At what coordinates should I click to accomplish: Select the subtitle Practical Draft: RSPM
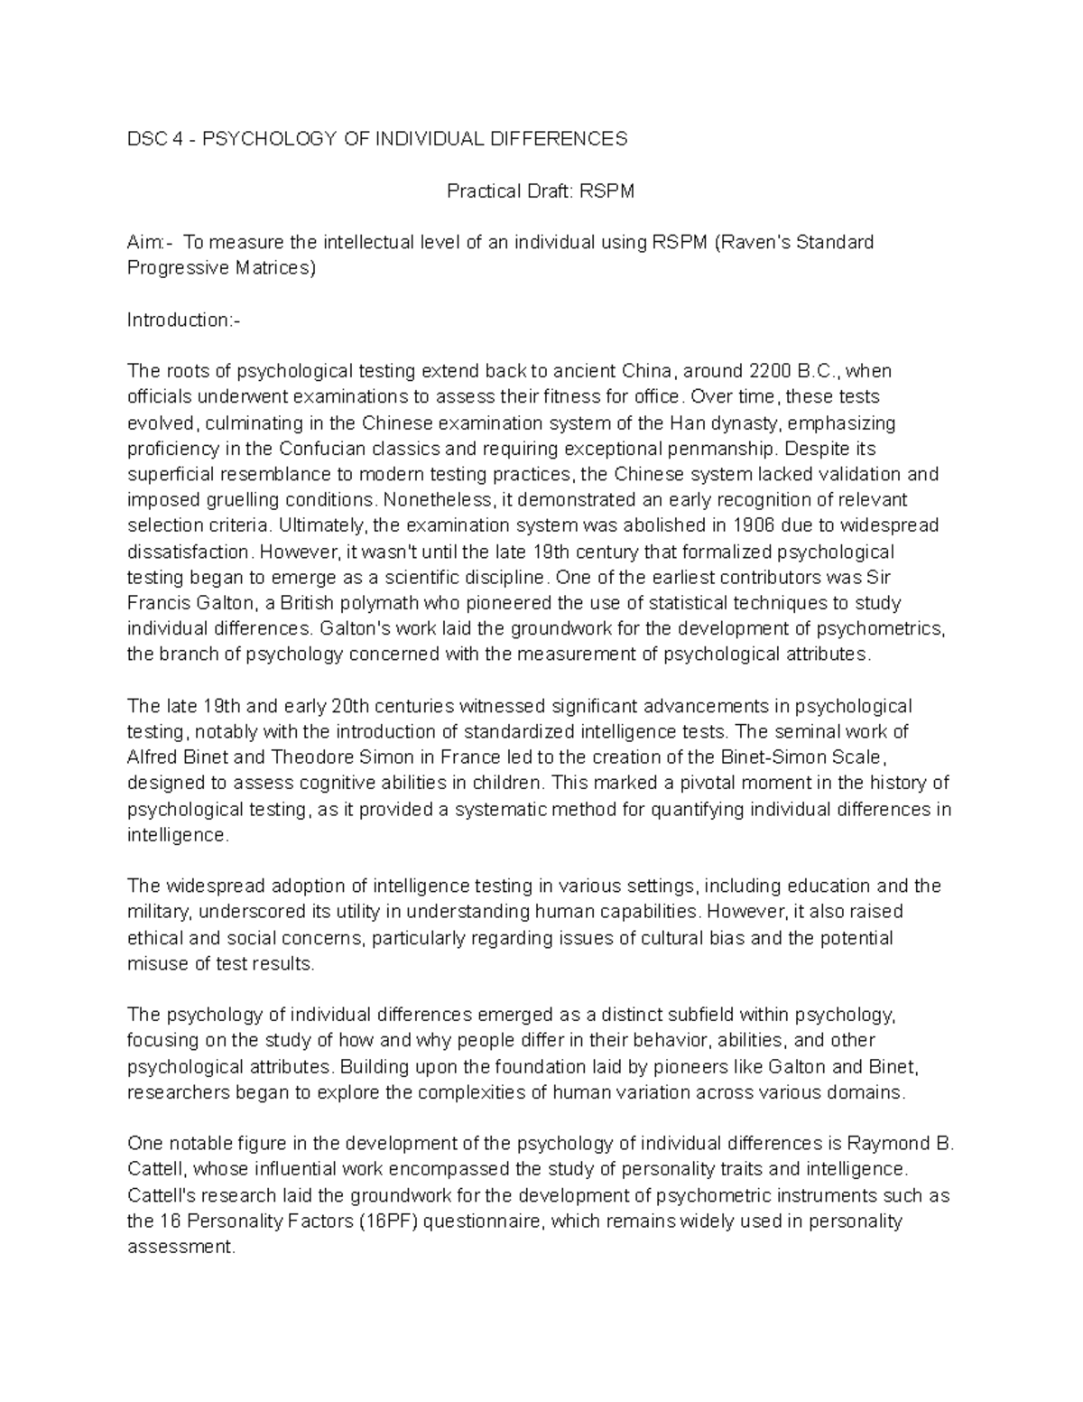pyautogui.click(x=541, y=190)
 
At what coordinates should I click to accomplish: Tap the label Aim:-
pyautogui.click(x=146, y=242)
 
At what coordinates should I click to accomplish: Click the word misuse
pyautogui.click(x=153, y=963)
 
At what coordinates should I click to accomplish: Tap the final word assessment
pyautogui.click(x=180, y=1248)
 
